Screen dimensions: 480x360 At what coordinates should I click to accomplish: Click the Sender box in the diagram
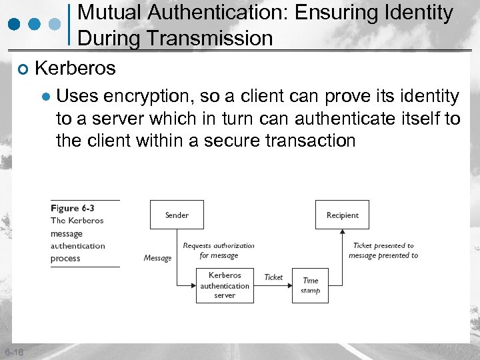[177, 215]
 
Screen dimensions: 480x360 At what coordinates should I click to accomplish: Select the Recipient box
[342, 215]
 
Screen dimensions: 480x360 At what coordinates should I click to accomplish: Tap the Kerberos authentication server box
[225, 285]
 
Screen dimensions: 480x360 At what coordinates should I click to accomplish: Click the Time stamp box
[310, 285]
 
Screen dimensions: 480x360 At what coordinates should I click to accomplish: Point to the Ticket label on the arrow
[273, 277]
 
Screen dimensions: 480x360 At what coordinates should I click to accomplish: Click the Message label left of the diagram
[157, 258]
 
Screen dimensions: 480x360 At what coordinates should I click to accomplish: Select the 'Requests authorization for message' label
[219, 250]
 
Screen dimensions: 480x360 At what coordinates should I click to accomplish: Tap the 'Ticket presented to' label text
[383, 245]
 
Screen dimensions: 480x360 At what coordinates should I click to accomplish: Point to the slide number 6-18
[13, 352]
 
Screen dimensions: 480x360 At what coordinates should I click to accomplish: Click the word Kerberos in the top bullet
[75, 68]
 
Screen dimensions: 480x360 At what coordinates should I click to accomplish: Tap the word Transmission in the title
[211, 38]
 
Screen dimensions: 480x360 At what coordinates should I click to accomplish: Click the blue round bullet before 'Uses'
[45, 97]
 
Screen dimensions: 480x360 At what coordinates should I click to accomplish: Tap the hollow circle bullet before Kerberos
[23, 69]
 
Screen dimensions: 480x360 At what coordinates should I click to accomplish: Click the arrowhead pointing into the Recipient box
[342, 233]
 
